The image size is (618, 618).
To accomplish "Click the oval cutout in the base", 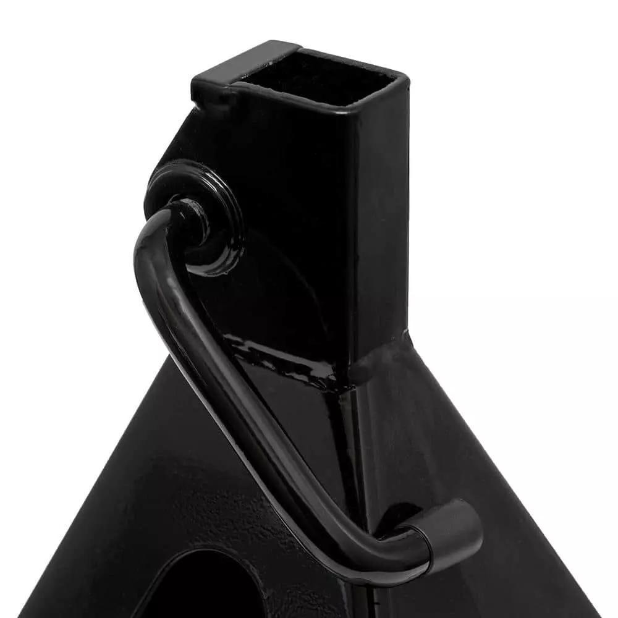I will pos(204,587).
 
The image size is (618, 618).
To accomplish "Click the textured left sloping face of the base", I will pos(124,494).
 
